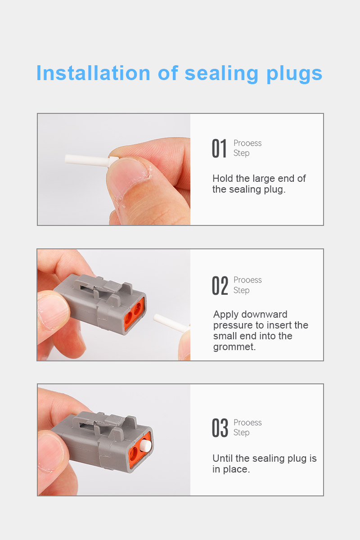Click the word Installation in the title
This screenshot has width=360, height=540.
93,73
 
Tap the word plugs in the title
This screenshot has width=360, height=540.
294,74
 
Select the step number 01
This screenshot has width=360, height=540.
219,148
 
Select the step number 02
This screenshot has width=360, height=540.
220,286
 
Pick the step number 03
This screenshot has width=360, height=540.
220,428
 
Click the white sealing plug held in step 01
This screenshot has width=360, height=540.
92,160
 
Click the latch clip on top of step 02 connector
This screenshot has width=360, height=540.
106,287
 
